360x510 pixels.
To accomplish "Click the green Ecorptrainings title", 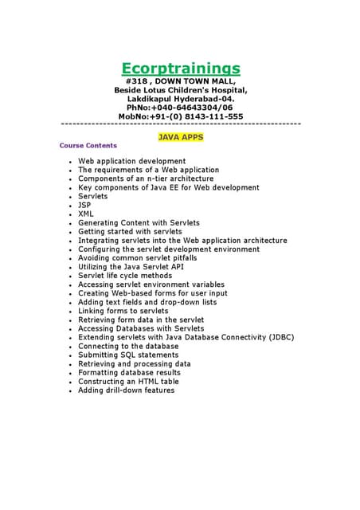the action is [x=181, y=69].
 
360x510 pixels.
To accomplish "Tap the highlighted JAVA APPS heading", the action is [x=181, y=137].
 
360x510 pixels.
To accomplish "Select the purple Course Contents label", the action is [x=88, y=146].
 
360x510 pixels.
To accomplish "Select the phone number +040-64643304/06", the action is [x=194, y=108].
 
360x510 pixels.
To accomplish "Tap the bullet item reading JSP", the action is [x=84, y=205].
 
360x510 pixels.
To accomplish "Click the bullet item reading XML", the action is [x=85, y=214].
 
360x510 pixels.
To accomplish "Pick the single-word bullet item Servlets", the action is [x=92, y=196].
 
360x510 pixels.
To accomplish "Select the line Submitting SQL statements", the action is [x=127, y=355].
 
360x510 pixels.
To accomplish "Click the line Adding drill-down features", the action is [x=126, y=390].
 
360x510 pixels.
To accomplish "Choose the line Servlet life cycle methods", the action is [x=124, y=276].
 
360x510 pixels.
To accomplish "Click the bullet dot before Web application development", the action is [x=71, y=162].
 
